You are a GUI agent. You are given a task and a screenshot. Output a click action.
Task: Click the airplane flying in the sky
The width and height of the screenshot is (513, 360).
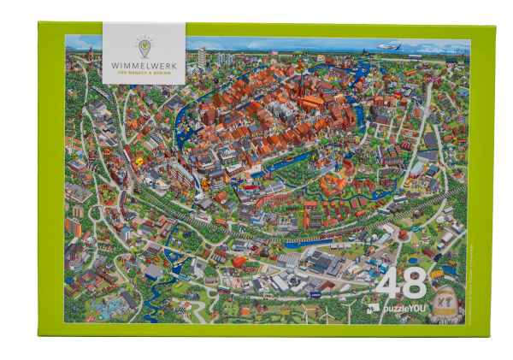point(390,47)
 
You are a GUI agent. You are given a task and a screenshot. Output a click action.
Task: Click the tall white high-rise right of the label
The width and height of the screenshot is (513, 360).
point(202,57)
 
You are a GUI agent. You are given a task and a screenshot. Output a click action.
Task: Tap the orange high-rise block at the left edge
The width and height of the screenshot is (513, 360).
point(73,227)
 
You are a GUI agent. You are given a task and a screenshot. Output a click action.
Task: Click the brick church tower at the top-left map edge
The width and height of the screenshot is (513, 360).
point(76,58)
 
